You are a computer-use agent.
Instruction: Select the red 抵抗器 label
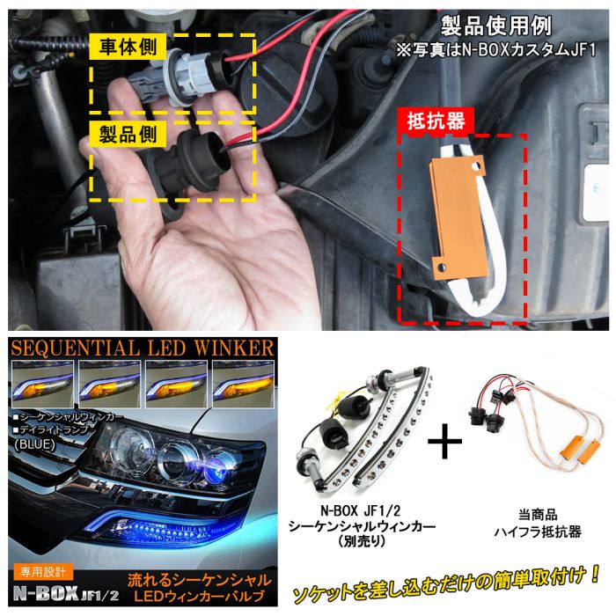pyautogui.click(x=431, y=121)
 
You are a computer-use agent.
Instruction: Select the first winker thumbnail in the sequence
pyautogui.click(x=39, y=379)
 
